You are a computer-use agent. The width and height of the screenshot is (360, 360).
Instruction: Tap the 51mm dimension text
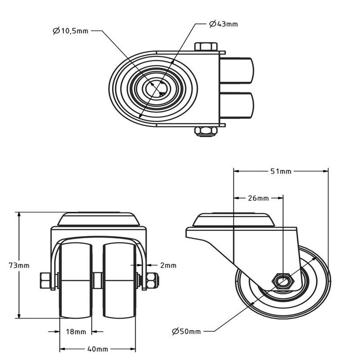(281, 171)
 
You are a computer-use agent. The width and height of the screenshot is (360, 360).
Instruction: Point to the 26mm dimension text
(258, 198)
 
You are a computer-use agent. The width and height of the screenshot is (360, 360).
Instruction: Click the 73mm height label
(20, 265)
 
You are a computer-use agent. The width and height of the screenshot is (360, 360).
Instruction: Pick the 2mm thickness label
(168, 265)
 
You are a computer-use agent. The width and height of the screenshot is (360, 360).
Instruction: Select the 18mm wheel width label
(76, 332)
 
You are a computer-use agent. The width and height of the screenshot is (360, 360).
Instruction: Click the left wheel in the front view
(76, 280)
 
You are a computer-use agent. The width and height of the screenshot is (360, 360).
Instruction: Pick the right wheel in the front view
(119, 280)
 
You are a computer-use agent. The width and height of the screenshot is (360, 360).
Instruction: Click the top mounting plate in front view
(98, 221)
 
